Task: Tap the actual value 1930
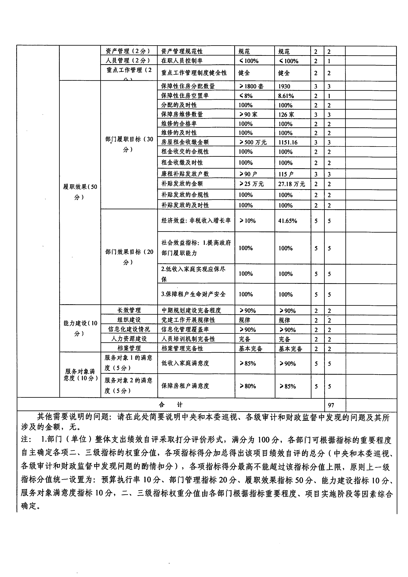pos(284,86)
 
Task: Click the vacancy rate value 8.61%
pos(286,96)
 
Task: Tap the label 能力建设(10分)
pos(80,328)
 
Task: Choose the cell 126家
pos(286,115)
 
